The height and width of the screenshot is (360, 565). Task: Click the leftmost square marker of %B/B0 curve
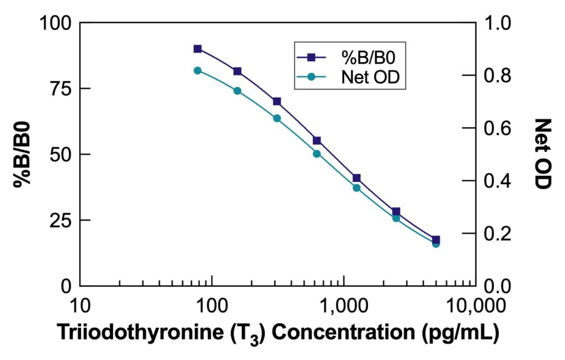tap(198, 49)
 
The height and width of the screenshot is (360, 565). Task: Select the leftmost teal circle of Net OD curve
tap(198, 71)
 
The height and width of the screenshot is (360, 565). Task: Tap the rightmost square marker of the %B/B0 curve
tap(436, 240)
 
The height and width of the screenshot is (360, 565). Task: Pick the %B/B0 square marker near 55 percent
tap(317, 141)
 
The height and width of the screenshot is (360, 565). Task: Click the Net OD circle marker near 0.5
tap(317, 154)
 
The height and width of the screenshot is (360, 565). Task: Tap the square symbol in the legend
tap(311, 57)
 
